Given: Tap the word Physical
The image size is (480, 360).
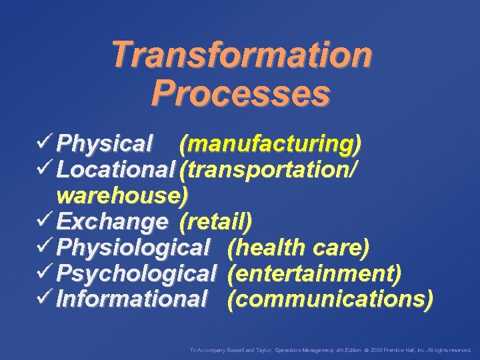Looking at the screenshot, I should (105, 143).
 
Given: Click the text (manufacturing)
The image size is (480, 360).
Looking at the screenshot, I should (270, 143).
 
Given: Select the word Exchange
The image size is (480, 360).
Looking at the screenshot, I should (112, 221).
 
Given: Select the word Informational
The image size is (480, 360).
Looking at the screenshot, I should (132, 299).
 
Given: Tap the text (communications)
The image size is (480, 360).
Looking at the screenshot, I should (329, 299).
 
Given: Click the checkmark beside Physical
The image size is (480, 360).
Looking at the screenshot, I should (47, 142).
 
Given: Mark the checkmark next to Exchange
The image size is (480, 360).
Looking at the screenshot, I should (47, 220).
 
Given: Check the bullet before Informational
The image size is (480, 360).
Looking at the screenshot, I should (47, 298).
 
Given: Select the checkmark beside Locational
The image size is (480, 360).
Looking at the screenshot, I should (47, 168).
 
